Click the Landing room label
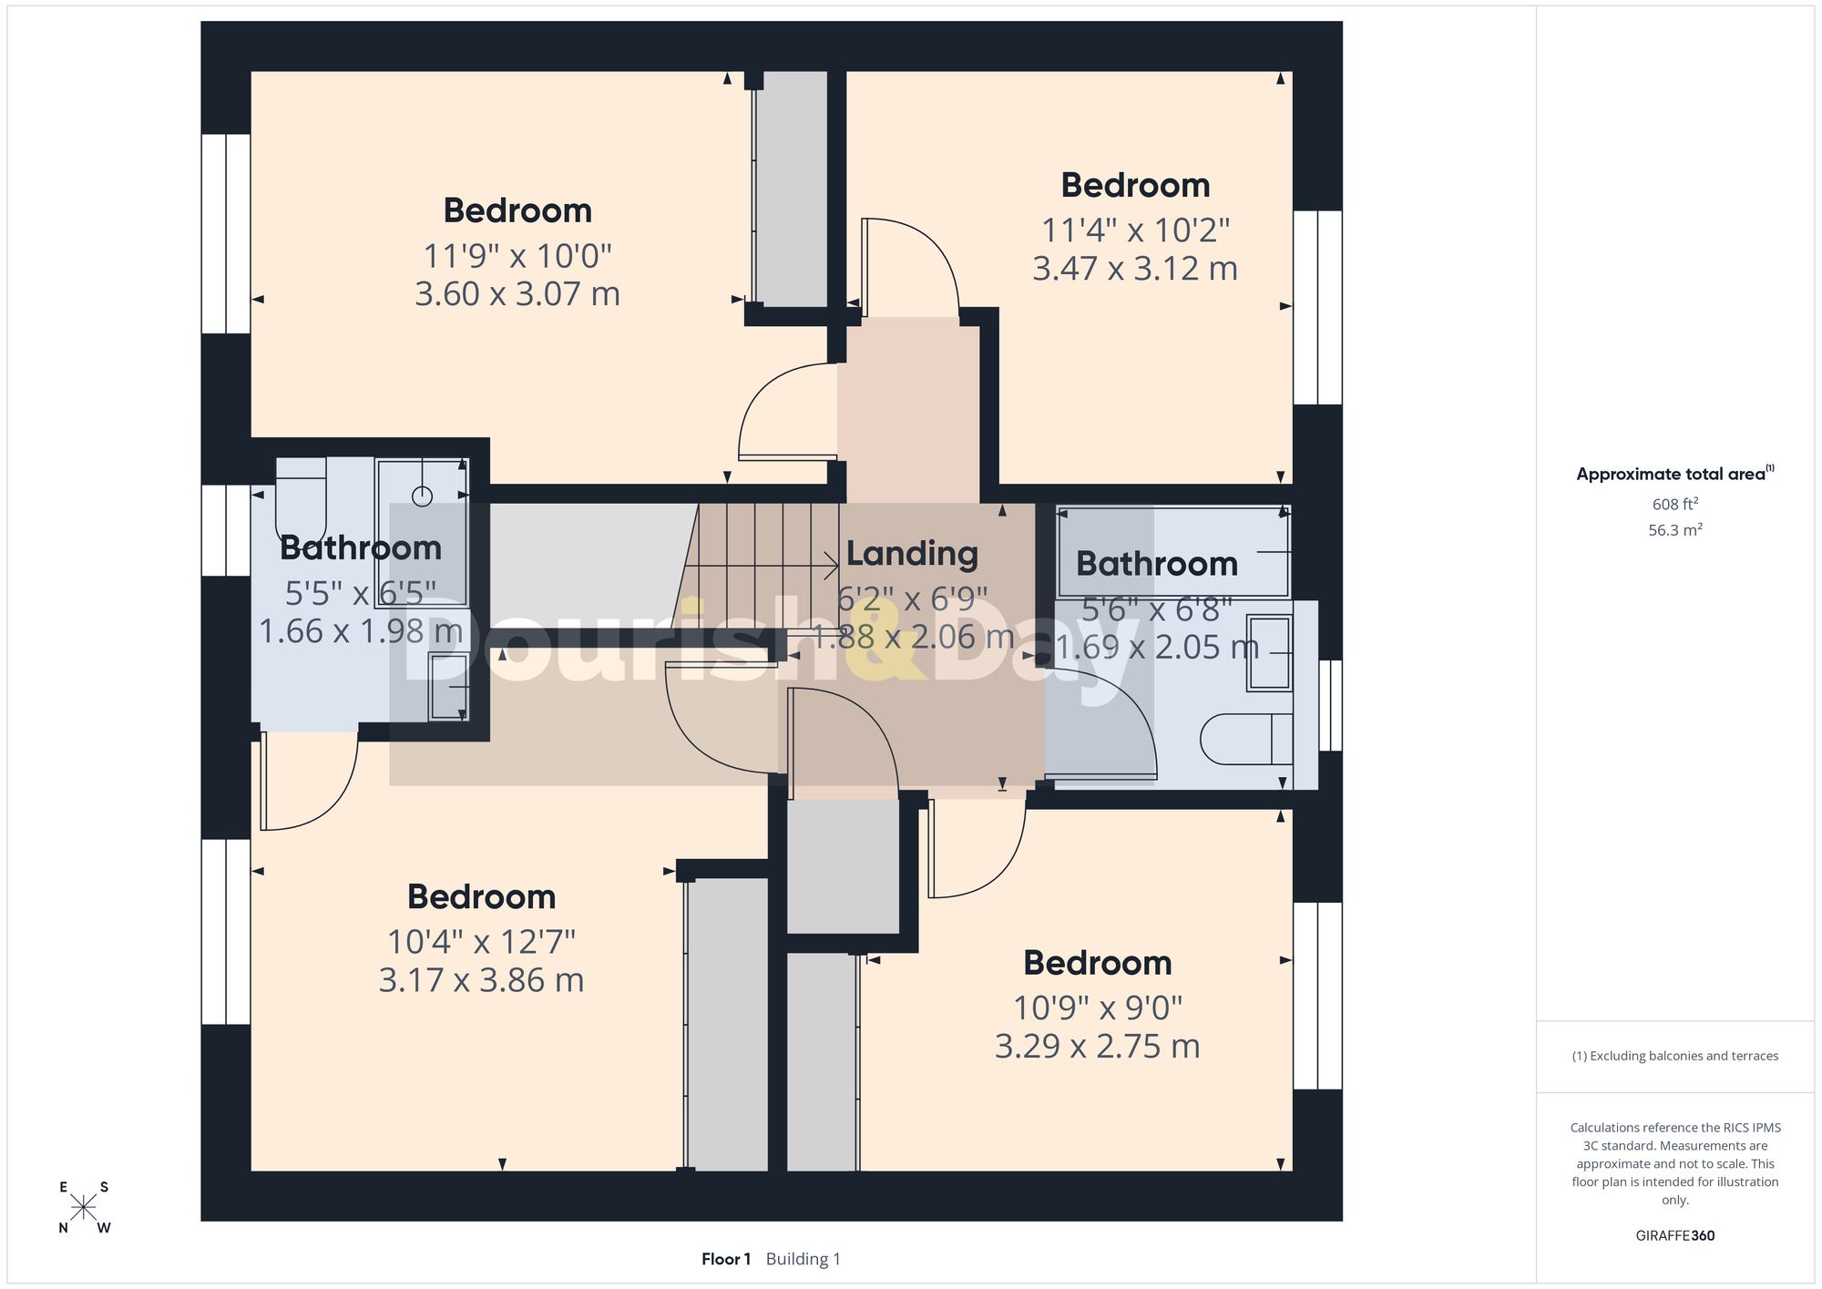click(912, 554)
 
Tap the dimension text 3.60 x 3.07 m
click(517, 294)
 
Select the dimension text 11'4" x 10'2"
click(1135, 230)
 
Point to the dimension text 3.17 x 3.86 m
click(481, 980)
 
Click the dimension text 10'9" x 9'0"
click(1098, 1008)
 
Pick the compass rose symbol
click(84, 1208)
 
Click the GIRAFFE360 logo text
click(1674, 1236)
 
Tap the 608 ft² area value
click(1674, 504)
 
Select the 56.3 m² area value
click(1674, 529)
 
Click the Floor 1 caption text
click(726, 1259)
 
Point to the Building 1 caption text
click(804, 1259)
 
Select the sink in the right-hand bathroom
click(1269, 653)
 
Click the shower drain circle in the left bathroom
click(422, 496)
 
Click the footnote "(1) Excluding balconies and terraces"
click(1674, 1057)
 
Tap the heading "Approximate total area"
click(1671, 475)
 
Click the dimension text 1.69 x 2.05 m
click(1157, 647)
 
